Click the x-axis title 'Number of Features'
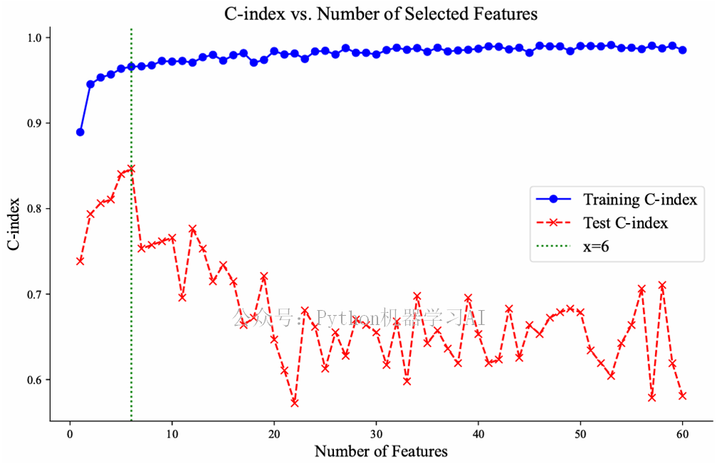pos(381,451)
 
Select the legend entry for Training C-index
pos(639,199)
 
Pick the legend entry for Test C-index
pos(625,223)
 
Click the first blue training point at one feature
pos(80,132)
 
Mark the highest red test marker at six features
pos(131,169)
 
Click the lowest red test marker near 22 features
pos(295,403)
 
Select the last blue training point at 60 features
pos(683,50)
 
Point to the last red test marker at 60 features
pos(683,395)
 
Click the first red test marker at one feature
pos(80,261)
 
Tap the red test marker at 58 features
pos(662,285)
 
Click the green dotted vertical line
pos(131,321)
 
